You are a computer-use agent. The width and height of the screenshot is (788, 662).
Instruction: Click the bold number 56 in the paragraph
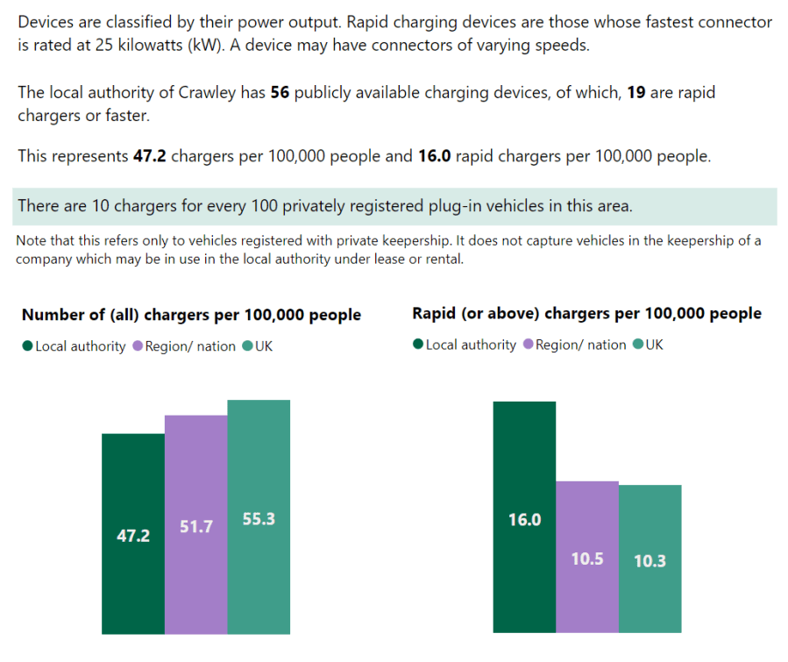click(x=280, y=93)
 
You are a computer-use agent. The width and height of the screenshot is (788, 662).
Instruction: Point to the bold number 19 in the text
click(x=637, y=93)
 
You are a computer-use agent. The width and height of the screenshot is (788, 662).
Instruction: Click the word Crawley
click(x=235, y=93)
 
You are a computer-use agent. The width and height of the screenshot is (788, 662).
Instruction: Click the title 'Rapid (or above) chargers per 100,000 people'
click(x=586, y=313)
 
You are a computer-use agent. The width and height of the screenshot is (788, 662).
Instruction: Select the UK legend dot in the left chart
click(x=248, y=346)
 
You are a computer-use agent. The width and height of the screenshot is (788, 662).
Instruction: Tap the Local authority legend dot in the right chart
click(x=418, y=345)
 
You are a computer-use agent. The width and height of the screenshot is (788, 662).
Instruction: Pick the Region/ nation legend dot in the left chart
click(x=138, y=346)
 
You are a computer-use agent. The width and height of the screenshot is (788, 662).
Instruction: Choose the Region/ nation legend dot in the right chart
click(x=528, y=345)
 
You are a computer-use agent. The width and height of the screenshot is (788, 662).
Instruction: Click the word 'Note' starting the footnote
click(x=32, y=240)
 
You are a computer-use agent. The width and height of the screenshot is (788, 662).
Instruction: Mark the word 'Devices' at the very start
click(x=46, y=22)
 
